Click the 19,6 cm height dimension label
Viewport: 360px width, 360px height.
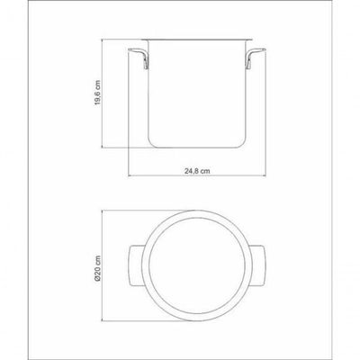pyautogui.click(x=98, y=93)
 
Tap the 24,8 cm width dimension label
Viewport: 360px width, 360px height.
pyautogui.click(x=197, y=171)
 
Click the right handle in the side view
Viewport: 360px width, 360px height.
pyautogui.click(x=255, y=57)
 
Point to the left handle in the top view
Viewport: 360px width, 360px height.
pyautogui.click(x=136, y=265)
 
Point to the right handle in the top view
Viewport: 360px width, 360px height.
pyautogui.click(x=257, y=265)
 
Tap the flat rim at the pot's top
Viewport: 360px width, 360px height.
pyautogui.click(x=197, y=40)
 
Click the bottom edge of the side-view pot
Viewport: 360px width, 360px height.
pyautogui.click(x=197, y=148)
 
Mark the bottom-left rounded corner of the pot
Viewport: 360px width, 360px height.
pyautogui.click(x=151, y=144)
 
